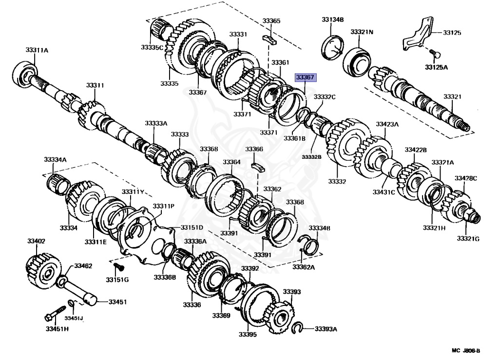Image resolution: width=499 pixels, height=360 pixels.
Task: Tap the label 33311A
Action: pos(37,50)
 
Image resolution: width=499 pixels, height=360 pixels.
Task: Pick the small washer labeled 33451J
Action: pos(71,304)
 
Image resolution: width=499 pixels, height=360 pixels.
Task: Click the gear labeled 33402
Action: pos(43,269)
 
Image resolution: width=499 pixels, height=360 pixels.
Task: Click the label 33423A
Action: pos(387,124)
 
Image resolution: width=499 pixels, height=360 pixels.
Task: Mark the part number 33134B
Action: pos(333,20)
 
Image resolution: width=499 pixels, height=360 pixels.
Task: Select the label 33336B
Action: pos(165,277)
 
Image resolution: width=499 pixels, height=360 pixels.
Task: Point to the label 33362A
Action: pos(304,266)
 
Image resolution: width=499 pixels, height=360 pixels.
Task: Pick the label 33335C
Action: pos(152,47)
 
